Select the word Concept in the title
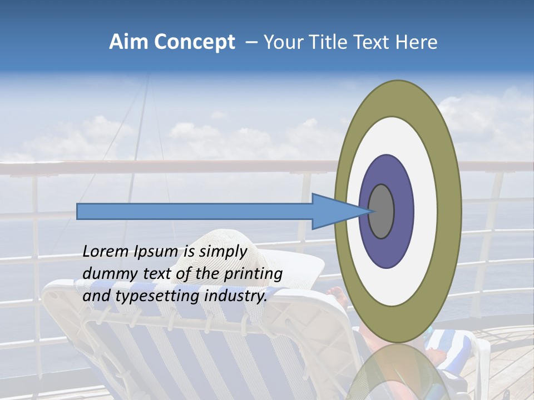(195, 43)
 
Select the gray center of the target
(382, 211)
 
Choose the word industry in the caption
(236, 296)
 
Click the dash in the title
(251, 42)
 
